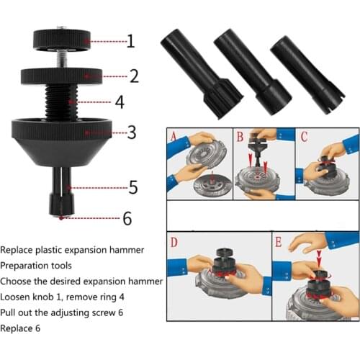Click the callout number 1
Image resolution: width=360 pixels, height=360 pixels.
[130, 41]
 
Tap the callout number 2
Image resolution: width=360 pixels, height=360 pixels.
[133, 75]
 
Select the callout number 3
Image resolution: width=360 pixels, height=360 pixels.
[131, 132]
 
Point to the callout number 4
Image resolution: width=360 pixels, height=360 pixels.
[119, 102]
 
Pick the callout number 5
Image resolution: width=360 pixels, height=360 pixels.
[133, 188]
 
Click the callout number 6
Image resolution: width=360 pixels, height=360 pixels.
[127, 218]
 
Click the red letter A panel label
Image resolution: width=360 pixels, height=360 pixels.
[174, 136]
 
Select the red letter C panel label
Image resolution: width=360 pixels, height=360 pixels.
[304, 136]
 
